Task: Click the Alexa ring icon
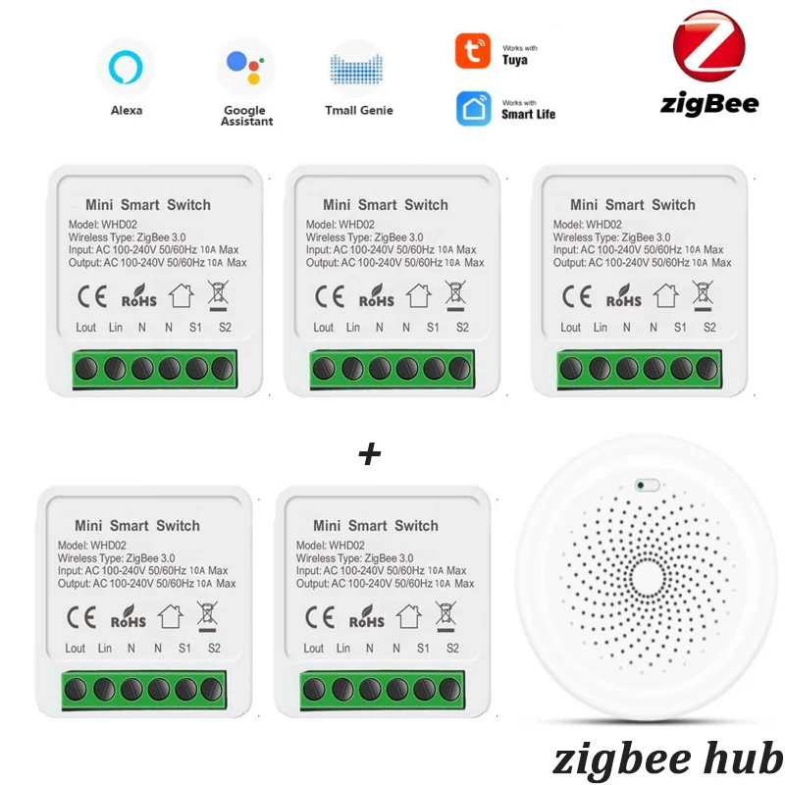click(126, 67)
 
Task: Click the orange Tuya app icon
click(473, 51)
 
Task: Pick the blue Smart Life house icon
click(473, 108)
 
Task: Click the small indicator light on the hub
click(645, 484)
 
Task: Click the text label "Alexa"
click(126, 111)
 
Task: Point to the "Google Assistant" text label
click(246, 116)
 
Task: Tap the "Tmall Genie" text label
click(358, 111)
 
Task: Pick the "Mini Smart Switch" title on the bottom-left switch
click(137, 526)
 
